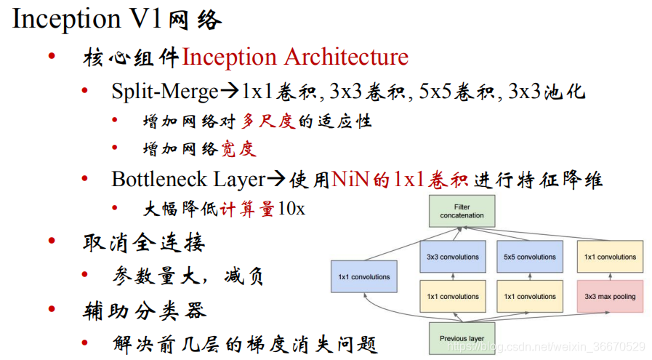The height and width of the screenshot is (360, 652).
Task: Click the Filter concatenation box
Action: coord(462,211)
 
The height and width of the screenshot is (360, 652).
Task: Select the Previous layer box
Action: coord(462,338)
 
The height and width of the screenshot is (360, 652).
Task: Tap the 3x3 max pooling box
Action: coord(610,297)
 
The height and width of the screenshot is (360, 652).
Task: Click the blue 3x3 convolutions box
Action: coord(453,257)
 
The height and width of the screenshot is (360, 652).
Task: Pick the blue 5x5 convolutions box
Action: coord(529,257)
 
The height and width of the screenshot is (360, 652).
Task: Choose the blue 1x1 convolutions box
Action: coord(364,276)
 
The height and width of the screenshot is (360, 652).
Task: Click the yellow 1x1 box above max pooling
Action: coord(610,257)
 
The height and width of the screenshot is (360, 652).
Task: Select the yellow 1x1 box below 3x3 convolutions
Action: coord(453,297)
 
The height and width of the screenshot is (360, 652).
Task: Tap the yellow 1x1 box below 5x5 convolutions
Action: coord(529,297)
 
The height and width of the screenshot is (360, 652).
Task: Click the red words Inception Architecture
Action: coord(295,57)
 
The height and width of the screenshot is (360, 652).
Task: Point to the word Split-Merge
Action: coord(165,92)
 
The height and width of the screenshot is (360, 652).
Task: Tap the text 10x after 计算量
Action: coord(291,209)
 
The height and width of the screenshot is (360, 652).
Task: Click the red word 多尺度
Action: coord(268,121)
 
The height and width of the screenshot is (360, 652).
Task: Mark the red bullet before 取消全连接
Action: coord(52,241)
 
